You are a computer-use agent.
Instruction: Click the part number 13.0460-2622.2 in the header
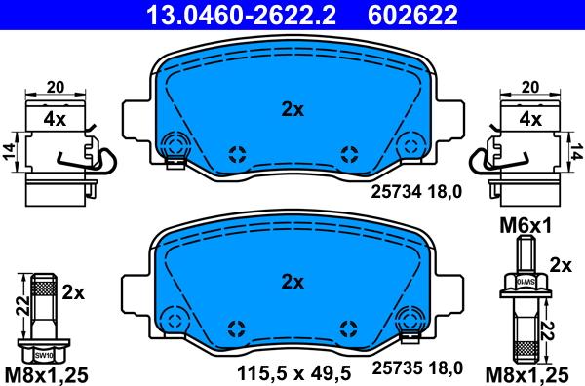pos(241,15)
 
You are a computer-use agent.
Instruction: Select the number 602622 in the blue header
pos(412,15)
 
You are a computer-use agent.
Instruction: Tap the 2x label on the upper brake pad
pos(292,109)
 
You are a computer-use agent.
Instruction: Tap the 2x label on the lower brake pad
pos(292,283)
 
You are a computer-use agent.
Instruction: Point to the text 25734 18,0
pos(416,192)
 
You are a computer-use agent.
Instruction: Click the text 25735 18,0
pos(417,368)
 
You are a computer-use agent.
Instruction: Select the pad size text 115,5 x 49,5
pos(294,372)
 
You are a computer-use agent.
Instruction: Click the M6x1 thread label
pos(526,226)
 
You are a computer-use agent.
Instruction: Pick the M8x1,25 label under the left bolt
pos(47,374)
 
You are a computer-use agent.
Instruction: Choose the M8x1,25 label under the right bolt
pos(526,374)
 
